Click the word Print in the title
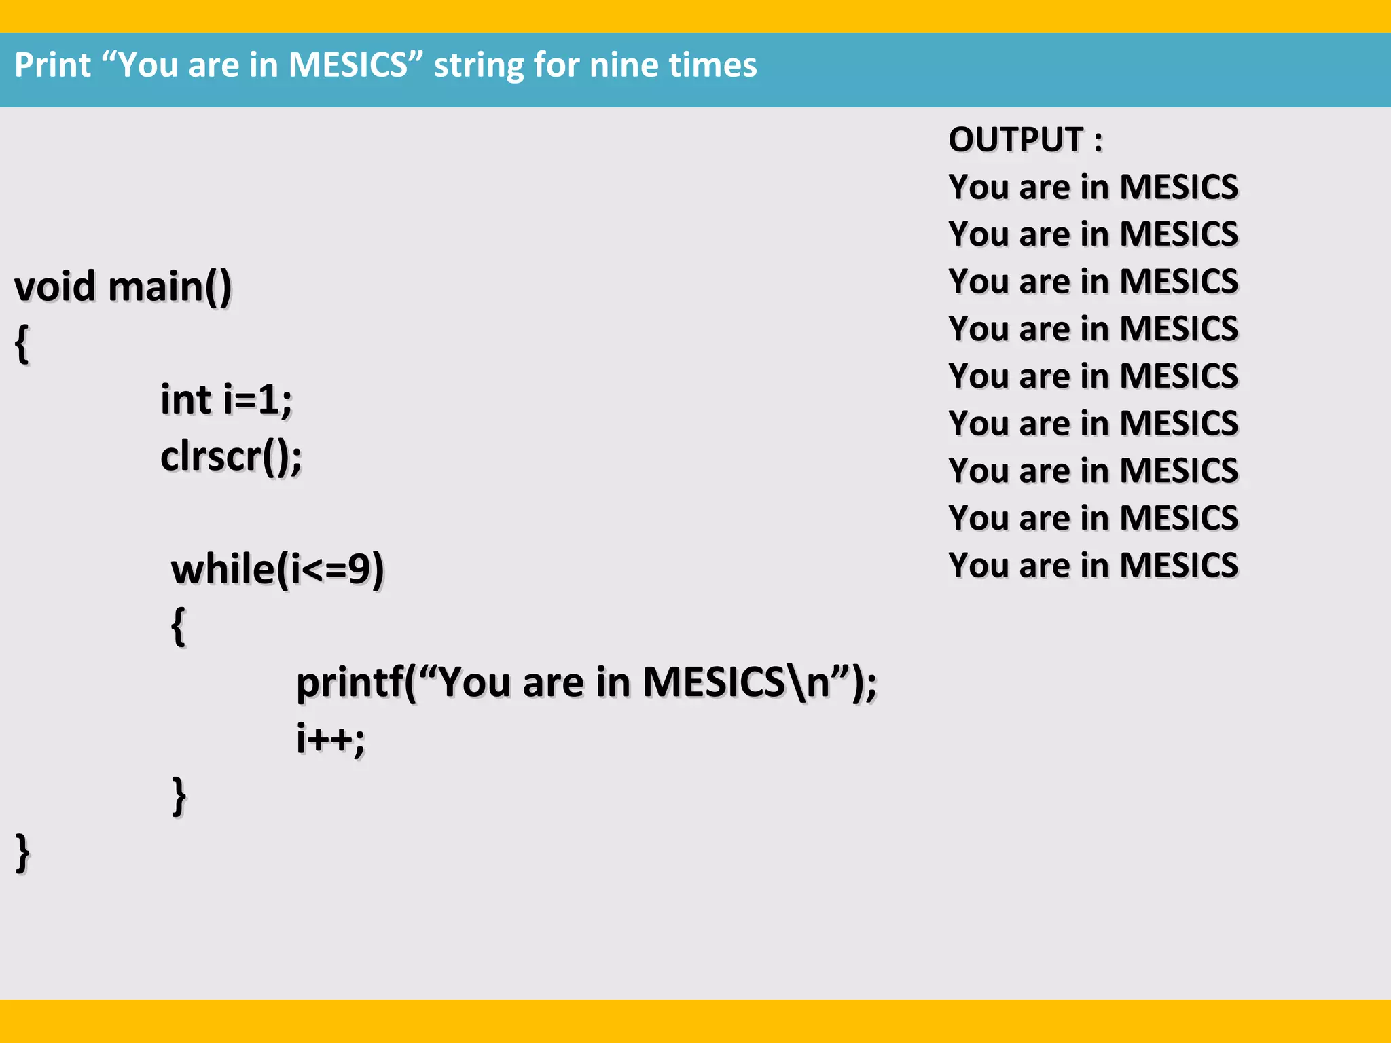(52, 65)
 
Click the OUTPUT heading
(1025, 140)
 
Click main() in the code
(170, 287)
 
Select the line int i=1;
(226, 399)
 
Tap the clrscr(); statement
(231, 456)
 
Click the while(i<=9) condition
(277, 569)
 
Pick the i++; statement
(331, 739)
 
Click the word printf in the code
(350, 682)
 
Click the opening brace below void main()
(22, 344)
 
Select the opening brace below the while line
(179, 626)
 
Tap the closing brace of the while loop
(179, 796)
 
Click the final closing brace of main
(22, 853)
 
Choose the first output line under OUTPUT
(1093, 187)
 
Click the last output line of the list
(1093, 566)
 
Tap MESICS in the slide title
(347, 65)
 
